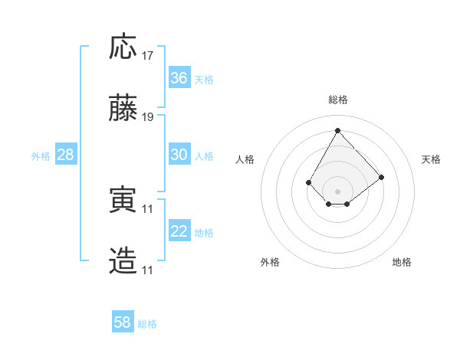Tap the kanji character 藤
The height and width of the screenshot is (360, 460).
click(123, 109)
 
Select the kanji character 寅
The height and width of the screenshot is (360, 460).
click(123, 200)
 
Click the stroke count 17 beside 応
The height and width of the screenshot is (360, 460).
click(149, 57)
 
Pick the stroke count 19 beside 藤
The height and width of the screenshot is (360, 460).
click(149, 118)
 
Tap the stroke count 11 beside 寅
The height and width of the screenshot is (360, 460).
click(149, 209)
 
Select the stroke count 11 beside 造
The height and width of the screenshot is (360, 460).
click(149, 270)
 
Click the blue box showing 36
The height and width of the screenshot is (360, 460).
click(179, 78)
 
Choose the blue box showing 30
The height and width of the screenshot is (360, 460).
click(179, 155)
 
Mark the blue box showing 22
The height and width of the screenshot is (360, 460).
click(179, 231)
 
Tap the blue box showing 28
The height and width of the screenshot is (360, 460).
click(66, 155)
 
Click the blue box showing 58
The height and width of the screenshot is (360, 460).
click(123, 322)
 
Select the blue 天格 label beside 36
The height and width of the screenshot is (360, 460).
click(204, 79)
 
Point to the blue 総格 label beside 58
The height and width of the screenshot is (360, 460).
click(147, 323)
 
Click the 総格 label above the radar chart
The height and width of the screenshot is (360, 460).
click(338, 100)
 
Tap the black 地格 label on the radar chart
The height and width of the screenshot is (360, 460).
click(402, 262)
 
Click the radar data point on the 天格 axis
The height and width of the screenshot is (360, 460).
click(381, 177)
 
